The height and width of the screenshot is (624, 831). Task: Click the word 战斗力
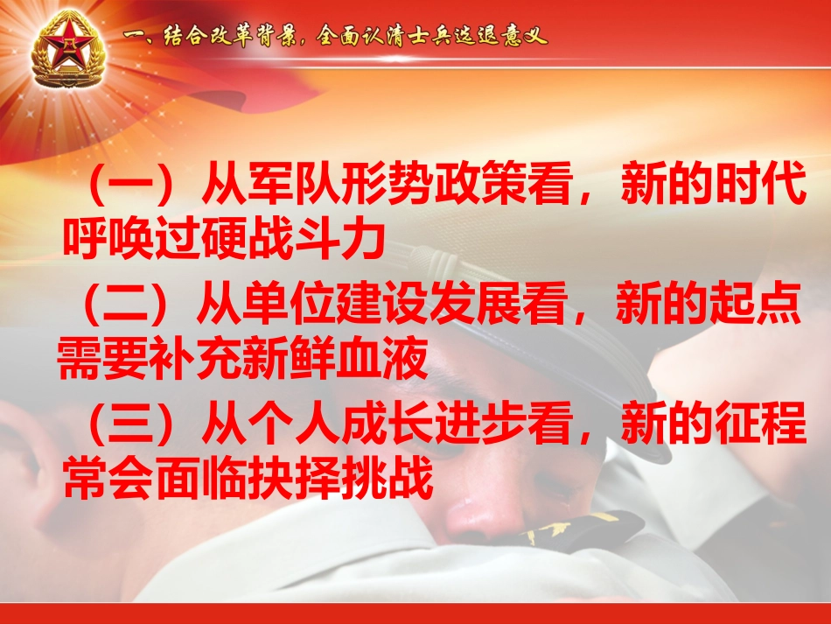tap(329, 237)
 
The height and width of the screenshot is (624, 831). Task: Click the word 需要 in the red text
tap(94, 356)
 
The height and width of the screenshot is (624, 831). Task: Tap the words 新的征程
tap(713, 425)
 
